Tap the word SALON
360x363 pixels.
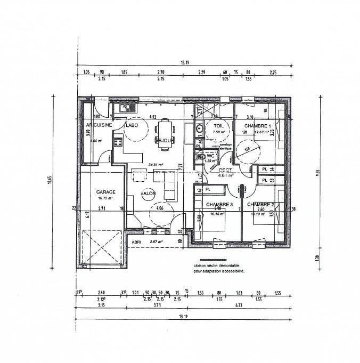[148, 193]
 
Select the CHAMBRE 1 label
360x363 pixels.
[261, 126]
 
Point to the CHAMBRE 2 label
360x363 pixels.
[261, 204]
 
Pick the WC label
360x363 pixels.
[211, 155]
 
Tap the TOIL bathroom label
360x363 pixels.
[219, 126]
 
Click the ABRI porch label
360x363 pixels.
[136, 241]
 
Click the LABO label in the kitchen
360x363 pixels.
[132, 125]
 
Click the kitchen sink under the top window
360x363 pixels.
[126, 108]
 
